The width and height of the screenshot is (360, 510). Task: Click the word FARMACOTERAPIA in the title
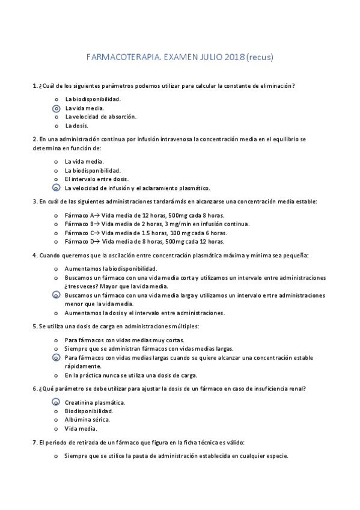119,58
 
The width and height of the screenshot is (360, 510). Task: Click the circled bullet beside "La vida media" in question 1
56,108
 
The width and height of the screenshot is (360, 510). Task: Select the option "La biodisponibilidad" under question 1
93,99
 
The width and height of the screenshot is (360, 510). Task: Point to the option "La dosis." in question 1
76,126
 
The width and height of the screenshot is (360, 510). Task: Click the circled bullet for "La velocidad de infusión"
56,188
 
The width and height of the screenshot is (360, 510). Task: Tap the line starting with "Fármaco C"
145,232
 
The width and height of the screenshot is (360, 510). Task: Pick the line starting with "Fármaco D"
144,241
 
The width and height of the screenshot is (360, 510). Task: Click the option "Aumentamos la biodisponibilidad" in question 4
111,268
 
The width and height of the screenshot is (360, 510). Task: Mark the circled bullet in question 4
56,295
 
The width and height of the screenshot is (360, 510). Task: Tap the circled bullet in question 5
56,357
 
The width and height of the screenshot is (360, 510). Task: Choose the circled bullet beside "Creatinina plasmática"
56,402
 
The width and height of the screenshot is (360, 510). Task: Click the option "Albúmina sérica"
87,420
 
